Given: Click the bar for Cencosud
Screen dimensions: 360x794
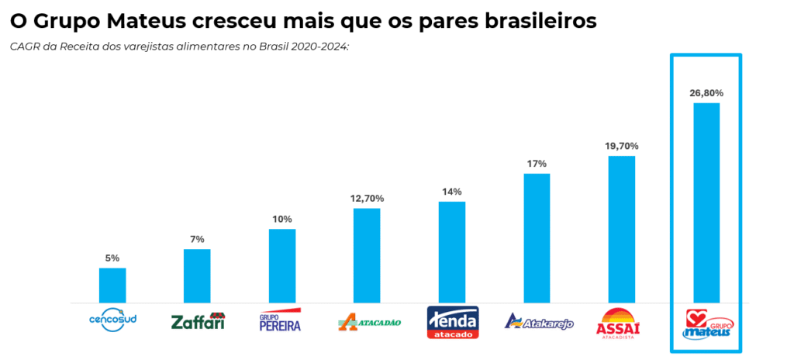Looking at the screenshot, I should (112, 285).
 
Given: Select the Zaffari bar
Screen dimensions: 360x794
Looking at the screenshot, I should (197, 275).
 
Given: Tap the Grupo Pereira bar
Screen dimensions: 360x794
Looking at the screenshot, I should (282, 265).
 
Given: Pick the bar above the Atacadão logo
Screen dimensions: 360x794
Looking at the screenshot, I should (367, 255).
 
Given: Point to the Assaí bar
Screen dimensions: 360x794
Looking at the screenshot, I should (622, 229).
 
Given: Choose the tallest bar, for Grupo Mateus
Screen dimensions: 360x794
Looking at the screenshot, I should (706, 202).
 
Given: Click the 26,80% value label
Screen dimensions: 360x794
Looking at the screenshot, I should (706, 93).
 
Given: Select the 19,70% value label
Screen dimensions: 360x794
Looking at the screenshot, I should (622, 146).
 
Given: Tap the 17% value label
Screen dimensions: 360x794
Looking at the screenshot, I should (537, 164).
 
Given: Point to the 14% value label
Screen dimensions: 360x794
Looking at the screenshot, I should (452, 192).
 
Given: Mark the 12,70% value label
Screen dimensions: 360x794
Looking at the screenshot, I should (367, 199).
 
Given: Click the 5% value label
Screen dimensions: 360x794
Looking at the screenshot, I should (112, 258).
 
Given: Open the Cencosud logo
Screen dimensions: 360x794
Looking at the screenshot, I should (112, 320).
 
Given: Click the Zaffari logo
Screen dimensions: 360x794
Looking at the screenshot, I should (198, 321).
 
